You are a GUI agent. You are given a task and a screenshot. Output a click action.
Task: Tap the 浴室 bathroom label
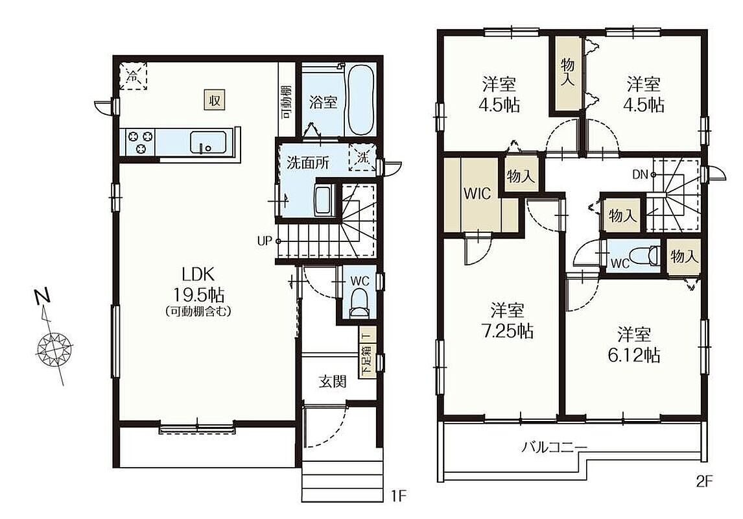tap(323, 103)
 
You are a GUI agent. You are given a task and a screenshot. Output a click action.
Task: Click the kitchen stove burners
tap(140, 141)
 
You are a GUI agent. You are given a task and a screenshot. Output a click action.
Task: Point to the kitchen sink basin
tap(208, 142)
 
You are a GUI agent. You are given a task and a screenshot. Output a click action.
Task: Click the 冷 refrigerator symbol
tap(133, 75)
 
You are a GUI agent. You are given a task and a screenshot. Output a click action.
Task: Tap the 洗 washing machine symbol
tap(362, 158)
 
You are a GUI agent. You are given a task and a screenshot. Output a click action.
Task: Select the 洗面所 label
tap(308, 163)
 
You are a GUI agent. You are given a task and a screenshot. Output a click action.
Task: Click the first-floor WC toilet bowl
tap(359, 304)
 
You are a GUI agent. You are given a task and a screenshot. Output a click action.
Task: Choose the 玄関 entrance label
tap(332, 381)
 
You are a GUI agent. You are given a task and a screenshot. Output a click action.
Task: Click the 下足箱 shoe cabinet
tap(367, 353)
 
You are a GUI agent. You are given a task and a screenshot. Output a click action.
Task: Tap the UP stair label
tap(265, 241)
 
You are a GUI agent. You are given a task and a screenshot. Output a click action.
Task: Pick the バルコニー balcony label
tap(555, 447)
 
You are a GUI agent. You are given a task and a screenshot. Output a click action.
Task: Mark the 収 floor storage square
tap(214, 100)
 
